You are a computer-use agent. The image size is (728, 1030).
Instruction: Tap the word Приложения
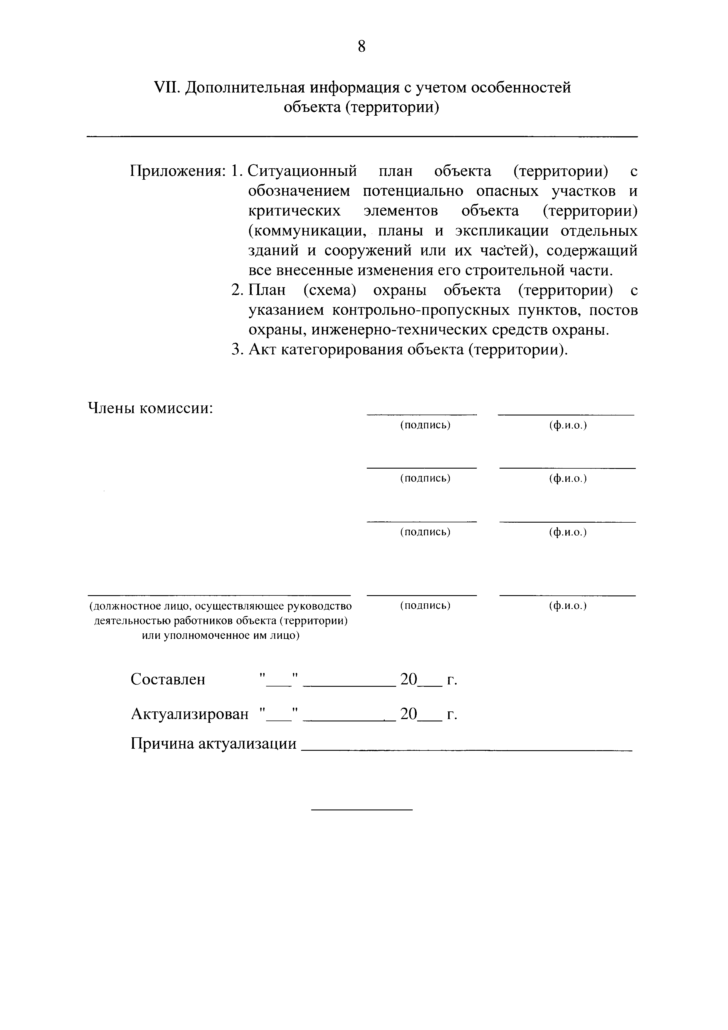tap(177, 171)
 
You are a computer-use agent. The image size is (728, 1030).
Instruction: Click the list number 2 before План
tap(236, 291)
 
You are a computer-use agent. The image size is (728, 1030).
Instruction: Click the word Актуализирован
tap(190, 714)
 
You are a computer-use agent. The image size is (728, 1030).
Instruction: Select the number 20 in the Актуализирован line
tap(408, 714)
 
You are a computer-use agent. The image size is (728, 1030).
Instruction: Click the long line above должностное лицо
tap(218, 595)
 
